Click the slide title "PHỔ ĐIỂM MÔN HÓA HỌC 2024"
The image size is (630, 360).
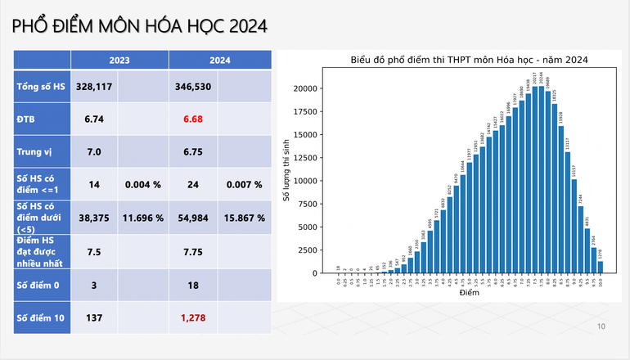(140, 26)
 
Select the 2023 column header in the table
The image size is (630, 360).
(119, 60)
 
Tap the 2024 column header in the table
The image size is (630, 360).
(218, 60)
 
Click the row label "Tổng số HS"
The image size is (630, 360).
(41, 86)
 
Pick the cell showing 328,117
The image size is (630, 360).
(94, 86)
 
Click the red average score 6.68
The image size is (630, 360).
(193, 119)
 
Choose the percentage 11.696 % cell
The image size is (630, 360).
(143, 218)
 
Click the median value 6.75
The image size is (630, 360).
(193, 152)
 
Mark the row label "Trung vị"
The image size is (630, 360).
(34, 152)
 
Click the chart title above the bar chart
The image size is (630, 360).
(470, 60)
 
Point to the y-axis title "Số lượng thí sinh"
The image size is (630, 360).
(286, 173)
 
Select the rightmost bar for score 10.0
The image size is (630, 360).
(601, 267)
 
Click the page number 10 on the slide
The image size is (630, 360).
(601, 326)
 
